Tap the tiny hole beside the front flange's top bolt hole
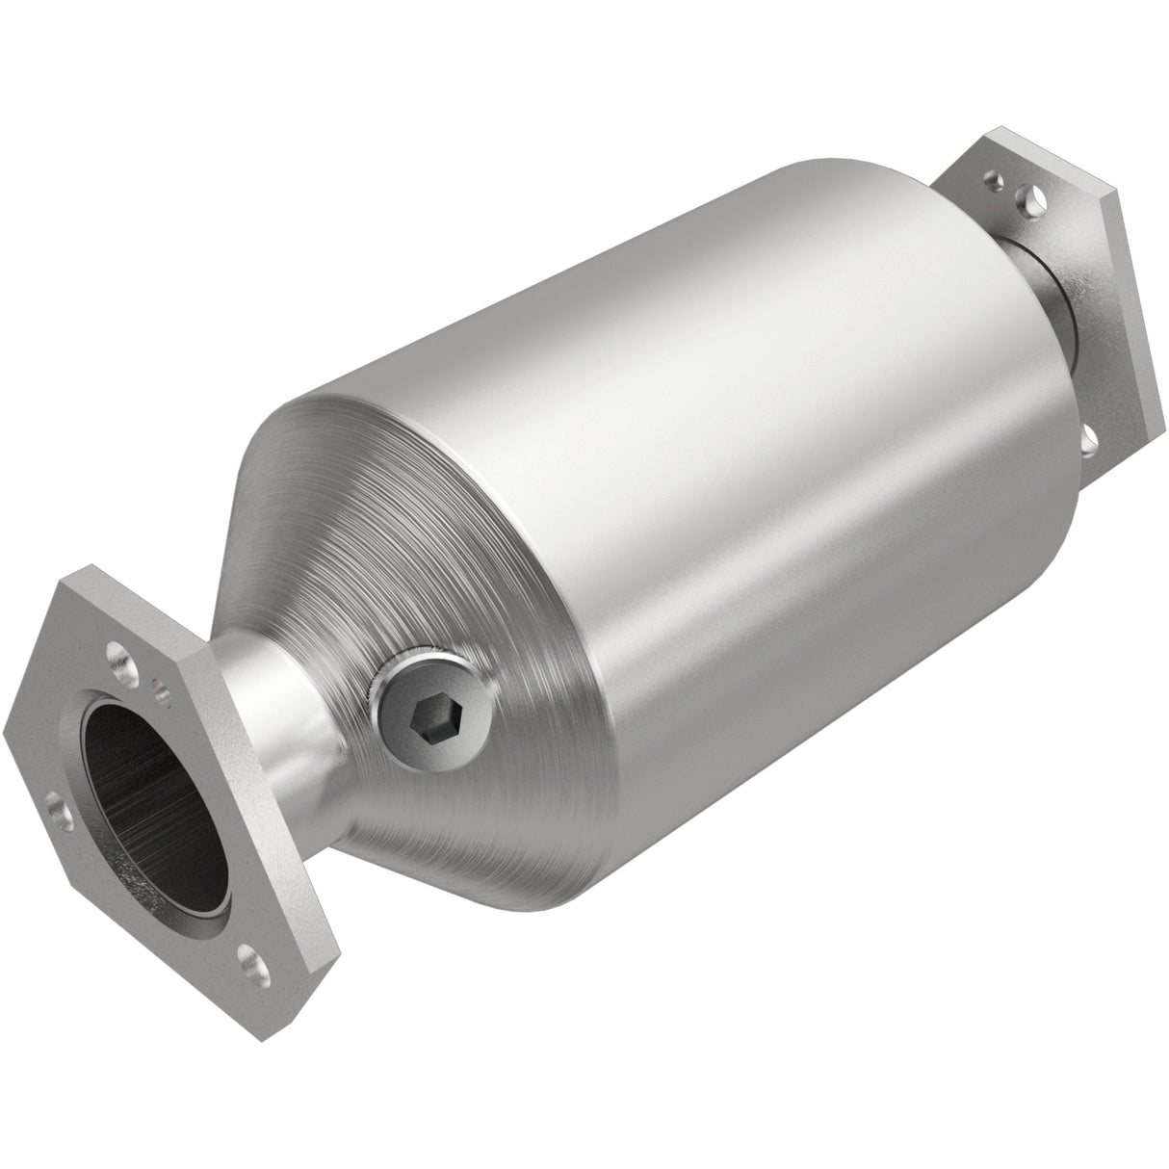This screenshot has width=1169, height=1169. point(160,687)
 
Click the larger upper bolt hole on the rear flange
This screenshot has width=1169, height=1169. point(1033,203)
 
